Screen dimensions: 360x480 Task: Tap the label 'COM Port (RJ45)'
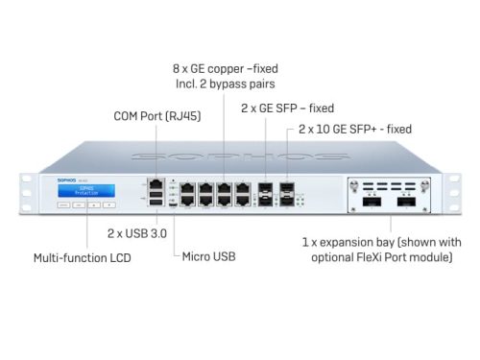(x=158, y=117)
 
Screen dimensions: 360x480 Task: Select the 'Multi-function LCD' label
(x=83, y=257)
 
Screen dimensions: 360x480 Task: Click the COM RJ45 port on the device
(x=156, y=182)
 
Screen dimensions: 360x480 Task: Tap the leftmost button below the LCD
(x=62, y=204)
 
